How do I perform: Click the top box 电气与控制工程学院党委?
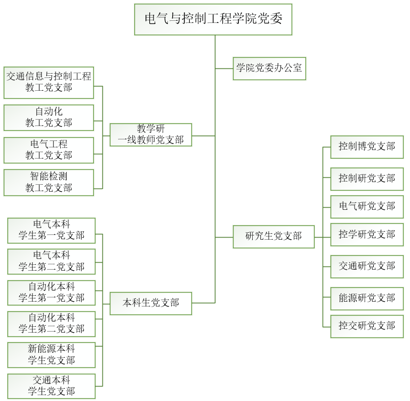(213, 19)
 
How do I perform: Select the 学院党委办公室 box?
(269, 68)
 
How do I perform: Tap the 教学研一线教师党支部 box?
(150, 135)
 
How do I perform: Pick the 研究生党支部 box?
(274, 236)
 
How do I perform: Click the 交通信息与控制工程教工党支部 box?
(49, 82)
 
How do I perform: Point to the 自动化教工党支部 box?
(49, 117)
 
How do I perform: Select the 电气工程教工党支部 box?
(49, 150)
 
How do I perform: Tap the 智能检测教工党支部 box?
(49, 182)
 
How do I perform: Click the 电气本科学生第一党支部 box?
(51, 230)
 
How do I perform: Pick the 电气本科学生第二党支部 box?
(51, 261)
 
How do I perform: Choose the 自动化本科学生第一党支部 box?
(51, 293)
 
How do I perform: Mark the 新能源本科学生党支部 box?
(51, 355)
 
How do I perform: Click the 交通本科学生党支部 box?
(51, 386)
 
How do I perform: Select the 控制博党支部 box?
(367, 146)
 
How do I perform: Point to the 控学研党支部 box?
(367, 234)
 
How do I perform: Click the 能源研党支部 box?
(367, 298)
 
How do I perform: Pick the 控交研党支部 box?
(367, 326)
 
